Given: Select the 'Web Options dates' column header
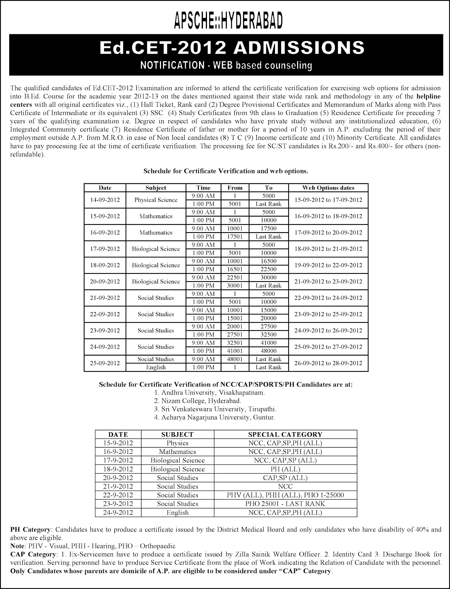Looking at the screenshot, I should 328,188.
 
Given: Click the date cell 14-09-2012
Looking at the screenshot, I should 105,200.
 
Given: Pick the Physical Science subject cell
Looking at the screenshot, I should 156,200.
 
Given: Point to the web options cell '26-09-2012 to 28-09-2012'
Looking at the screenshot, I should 328,363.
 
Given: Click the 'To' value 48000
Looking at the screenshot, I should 268,351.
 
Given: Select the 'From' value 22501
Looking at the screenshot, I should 235,278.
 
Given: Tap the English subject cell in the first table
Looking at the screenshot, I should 156,367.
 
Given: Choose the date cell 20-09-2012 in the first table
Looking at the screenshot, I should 105,282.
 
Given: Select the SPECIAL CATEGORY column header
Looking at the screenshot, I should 285,434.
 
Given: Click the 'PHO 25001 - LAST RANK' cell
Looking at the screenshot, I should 285,504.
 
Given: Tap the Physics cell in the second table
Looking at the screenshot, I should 177,443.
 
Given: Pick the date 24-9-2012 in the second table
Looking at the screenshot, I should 118,512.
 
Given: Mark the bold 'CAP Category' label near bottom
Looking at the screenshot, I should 33,554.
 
